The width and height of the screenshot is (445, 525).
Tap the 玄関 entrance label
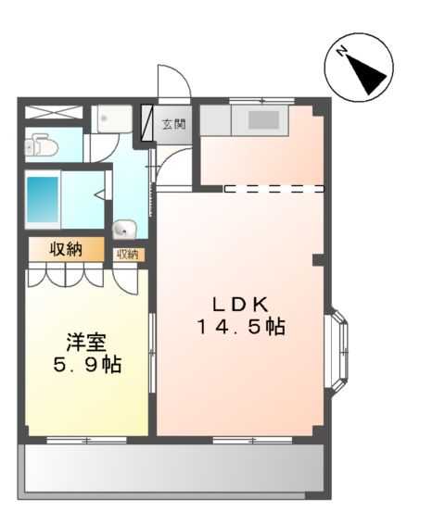(x=174, y=124)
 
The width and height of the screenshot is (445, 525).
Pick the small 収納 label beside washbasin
(x=126, y=254)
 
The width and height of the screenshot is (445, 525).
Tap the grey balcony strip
(x=173, y=469)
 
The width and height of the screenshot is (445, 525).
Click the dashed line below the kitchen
(x=274, y=188)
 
